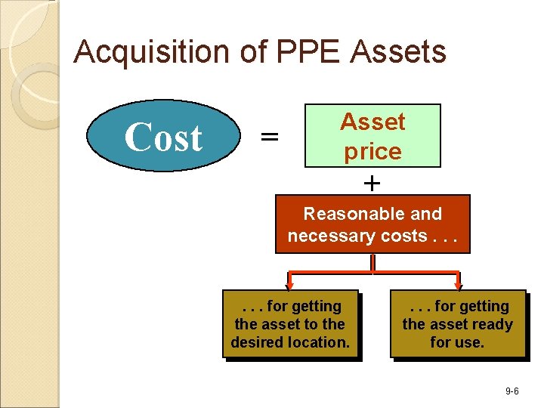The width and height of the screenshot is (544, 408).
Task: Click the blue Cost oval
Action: pyautogui.click(x=163, y=137)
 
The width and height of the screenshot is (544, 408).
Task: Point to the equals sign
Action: pyautogui.click(x=269, y=137)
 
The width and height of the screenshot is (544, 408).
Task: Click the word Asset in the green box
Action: pyautogui.click(x=372, y=122)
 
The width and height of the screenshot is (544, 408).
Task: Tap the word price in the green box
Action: pyautogui.click(x=372, y=151)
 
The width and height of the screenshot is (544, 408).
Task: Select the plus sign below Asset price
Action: pyautogui.click(x=372, y=182)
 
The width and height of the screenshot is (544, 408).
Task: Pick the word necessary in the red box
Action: pyautogui.click(x=325, y=236)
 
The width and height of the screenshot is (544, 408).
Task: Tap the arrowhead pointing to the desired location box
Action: pyautogui.click(x=289, y=285)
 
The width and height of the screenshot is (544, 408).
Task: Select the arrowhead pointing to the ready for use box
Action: pyautogui.click(x=457, y=285)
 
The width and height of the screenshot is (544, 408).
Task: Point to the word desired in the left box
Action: pyautogui.click(x=258, y=342)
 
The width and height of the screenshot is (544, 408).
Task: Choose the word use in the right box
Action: pyautogui.click(x=468, y=342)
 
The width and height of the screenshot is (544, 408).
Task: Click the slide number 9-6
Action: pyautogui.click(x=512, y=391)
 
